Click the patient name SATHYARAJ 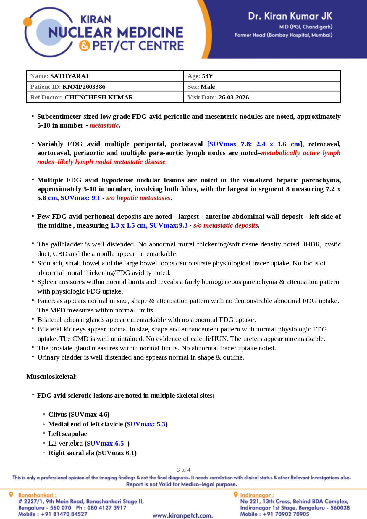(69, 76)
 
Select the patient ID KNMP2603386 (84, 87)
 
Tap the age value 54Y (207, 76)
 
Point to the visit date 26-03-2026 (234, 97)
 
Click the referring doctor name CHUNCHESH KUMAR (99, 97)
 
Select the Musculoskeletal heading (51, 376)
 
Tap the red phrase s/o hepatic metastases (138, 198)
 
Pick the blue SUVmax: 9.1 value (80, 198)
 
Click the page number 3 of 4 (183, 470)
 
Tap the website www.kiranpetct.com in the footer (182, 515)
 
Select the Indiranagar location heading (257, 495)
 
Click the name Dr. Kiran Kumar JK (290, 16)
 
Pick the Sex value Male (208, 87)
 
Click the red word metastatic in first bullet (104, 125)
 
